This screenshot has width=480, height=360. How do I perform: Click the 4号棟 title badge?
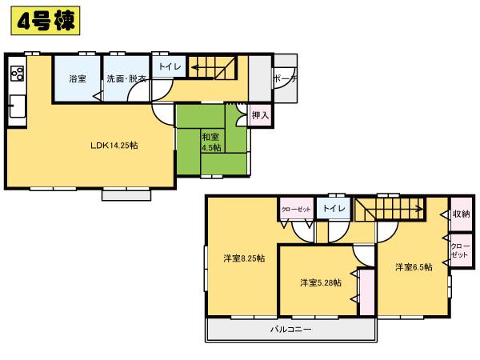[44, 22]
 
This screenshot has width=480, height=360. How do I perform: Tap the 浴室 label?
[77, 79]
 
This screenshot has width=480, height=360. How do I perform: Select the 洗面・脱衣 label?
[126, 79]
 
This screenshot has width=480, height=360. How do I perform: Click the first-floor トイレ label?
[169, 67]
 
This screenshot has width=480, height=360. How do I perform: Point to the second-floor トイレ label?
[334, 210]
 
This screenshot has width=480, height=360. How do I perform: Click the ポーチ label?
[285, 79]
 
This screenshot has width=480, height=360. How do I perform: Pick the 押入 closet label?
[260, 116]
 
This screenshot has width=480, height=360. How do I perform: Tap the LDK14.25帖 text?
[113, 145]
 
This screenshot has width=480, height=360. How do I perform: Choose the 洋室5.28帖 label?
[320, 282]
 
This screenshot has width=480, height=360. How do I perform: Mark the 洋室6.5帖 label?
[414, 267]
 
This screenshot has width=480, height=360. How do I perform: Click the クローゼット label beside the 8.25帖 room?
[296, 210]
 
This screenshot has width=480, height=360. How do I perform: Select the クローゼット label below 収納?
[460, 250]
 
